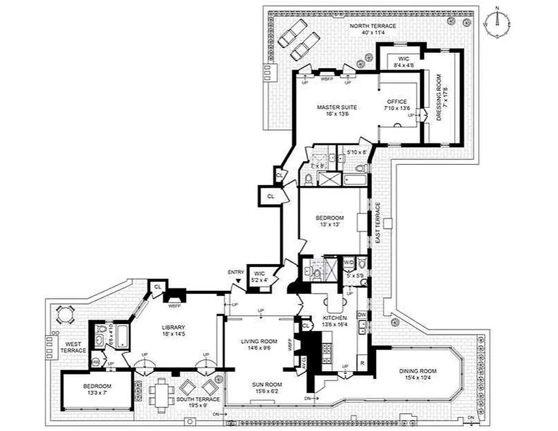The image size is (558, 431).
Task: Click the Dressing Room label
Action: click(440, 101)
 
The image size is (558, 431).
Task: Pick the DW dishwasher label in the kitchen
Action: click(362, 314)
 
